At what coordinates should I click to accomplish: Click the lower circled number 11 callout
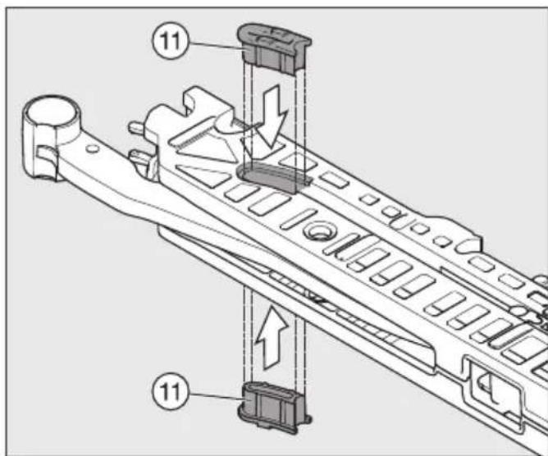point(170,391)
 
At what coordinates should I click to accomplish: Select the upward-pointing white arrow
point(272,337)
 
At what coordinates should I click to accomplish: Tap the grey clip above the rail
point(274,48)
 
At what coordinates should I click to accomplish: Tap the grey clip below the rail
point(274,408)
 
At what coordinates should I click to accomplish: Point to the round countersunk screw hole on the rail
point(319,231)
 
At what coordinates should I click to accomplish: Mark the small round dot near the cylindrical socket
point(92,148)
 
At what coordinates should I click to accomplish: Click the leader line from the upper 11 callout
point(216,46)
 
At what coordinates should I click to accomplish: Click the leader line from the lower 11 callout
point(216,396)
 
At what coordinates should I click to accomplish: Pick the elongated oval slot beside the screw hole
point(299,219)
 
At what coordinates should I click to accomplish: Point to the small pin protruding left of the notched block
point(137,125)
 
